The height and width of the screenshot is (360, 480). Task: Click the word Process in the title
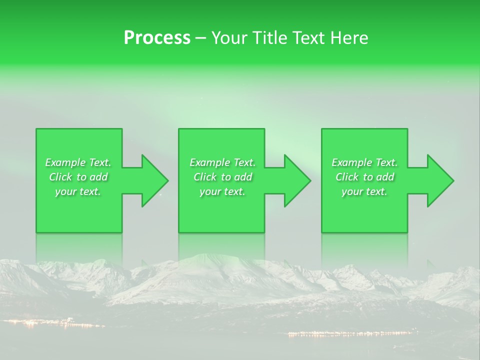tap(157, 38)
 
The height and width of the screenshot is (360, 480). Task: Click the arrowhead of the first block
tap(154, 180)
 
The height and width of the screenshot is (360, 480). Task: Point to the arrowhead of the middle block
tap(297, 180)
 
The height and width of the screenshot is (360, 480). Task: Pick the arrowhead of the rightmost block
tap(440, 180)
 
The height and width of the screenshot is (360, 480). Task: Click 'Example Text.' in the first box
tap(78, 162)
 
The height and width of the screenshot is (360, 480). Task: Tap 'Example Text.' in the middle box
tap(222, 162)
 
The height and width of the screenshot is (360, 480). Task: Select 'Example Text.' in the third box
tap(364, 162)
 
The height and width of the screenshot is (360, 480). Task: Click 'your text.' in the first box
tap(78, 191)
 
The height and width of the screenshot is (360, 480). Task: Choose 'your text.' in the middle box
tap(222, 191)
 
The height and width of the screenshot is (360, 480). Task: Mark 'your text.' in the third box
tap(364, 191)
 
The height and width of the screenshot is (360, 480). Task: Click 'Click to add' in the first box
tap(78, 177)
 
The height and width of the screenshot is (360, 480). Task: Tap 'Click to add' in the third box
tap(364, 177)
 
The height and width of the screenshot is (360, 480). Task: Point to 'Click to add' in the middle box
tap(222, 177)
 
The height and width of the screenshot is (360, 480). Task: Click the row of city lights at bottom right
tap(350, 333)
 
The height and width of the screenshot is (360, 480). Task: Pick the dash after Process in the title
tap(200, 38)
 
